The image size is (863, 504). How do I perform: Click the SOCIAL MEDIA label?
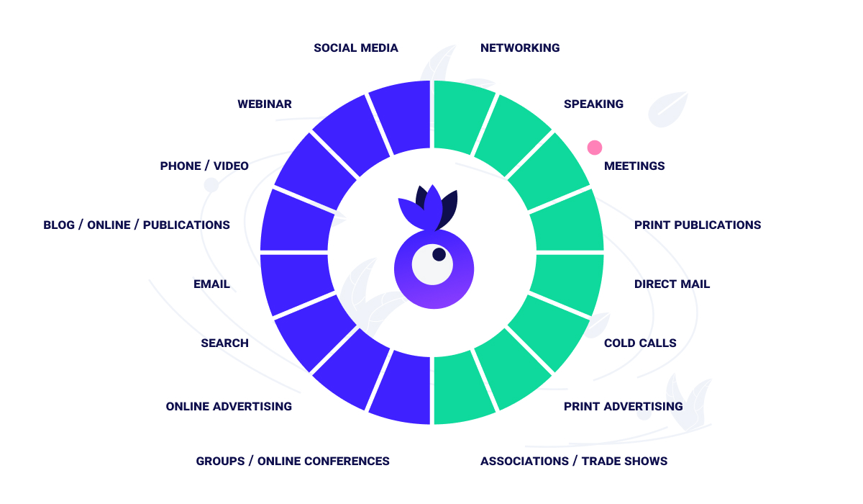pos(355,48)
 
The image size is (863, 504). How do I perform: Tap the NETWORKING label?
pos(520,48)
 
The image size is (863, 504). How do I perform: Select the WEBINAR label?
pos(265,104)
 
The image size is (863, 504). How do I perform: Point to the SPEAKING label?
pos(593,104)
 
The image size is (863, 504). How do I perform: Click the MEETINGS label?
pos(634,166)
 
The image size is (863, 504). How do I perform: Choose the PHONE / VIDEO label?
pos(204,166)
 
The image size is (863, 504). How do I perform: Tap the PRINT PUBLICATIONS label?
pos(697,225)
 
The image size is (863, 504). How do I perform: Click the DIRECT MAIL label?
pos(672,284)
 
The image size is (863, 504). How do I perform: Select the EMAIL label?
pos(211,284)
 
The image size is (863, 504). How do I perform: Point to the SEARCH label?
pos(224,343)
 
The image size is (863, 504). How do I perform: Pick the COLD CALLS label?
pos(640,343)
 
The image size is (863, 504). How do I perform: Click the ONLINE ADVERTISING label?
pos(229,407)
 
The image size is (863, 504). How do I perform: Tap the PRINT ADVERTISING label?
pos(623,407)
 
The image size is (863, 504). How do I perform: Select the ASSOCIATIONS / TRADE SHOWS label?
pos(574,462)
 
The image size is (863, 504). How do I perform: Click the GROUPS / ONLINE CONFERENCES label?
pos(293,462)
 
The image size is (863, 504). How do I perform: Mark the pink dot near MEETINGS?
pos(594,148)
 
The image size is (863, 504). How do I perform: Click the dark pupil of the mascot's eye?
pos(439,254)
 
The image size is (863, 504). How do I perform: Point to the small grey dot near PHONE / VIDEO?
pos(211,185)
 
